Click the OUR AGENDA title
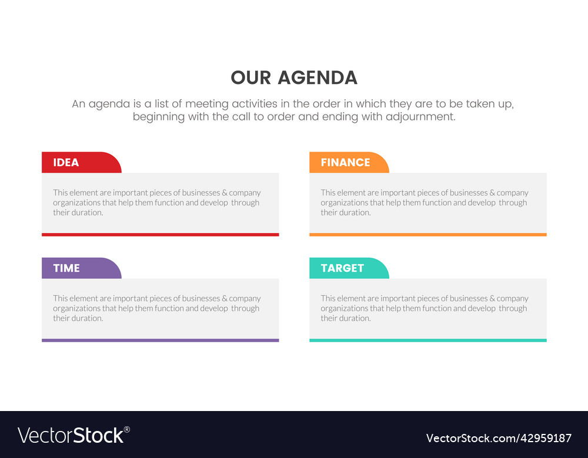coord(294,78)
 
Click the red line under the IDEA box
coord(160,234)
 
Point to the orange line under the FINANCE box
coord(427,234)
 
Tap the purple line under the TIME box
coord(160,340)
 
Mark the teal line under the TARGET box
coord(427,340)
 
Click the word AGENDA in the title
coord(318,78)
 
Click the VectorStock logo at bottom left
coord(71,435)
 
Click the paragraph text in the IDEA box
coord(157,203)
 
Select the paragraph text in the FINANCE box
coord(425,203)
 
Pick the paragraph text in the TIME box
coord(157,308)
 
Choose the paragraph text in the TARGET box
coord(425,308)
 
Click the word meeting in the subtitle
coord(207,104)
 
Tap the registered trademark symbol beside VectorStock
coord(127,429)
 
